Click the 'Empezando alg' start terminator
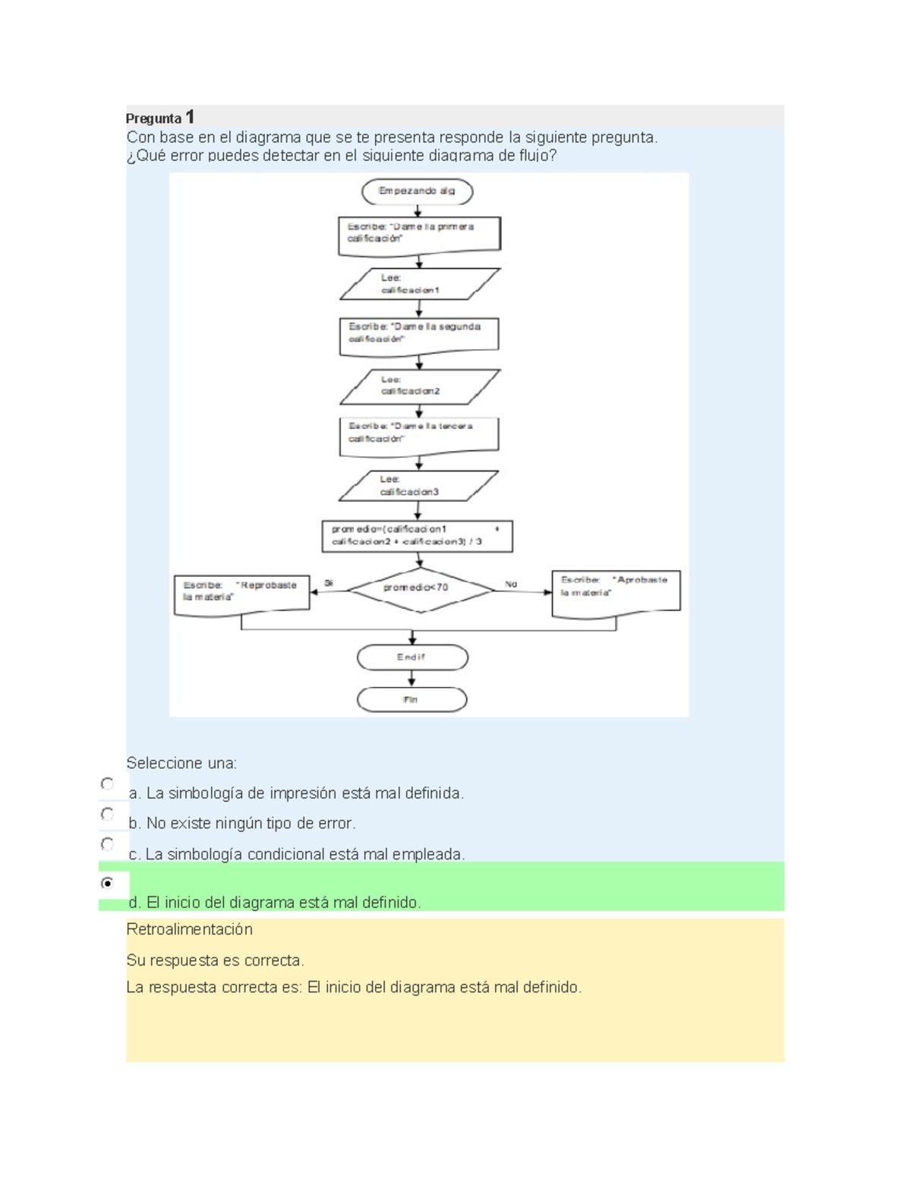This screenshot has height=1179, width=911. (417, 191)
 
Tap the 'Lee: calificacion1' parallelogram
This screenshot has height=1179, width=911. (419, 284)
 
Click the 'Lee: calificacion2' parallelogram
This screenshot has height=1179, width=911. (419, 386)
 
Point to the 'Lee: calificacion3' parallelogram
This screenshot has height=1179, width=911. (418, 486)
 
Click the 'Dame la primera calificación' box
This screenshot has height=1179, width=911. (419, 234)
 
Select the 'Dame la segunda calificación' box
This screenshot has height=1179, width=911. (418, 334)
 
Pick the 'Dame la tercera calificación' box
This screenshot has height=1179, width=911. (418, 434)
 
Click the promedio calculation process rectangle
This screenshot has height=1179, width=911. (417, 536)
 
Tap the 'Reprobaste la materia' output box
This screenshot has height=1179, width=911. (241, 593)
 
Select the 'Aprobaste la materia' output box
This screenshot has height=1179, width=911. (616, 588)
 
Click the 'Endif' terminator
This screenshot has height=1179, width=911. (412, 657)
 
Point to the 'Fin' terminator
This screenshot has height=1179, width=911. (411, 700)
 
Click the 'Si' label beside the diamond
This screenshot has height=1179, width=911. (329, 583)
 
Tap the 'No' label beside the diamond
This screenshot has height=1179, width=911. (511, 584)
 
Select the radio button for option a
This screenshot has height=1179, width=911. (107, 784)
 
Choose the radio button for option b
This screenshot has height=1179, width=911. (107, 815)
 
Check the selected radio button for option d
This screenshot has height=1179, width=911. (107, 883)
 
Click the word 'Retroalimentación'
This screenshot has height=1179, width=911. (189, 929)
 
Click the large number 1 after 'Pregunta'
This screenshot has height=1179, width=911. (190, 117)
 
